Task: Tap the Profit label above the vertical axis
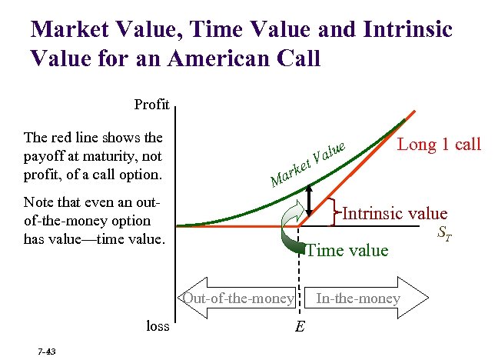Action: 152,104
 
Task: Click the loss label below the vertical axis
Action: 158,325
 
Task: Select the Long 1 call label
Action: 439,144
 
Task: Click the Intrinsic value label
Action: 394,213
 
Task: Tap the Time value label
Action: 347,249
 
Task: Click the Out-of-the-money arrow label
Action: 237,298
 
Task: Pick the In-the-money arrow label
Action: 358,298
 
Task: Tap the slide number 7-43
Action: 45,351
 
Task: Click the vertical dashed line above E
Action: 298,269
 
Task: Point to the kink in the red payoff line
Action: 298,226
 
